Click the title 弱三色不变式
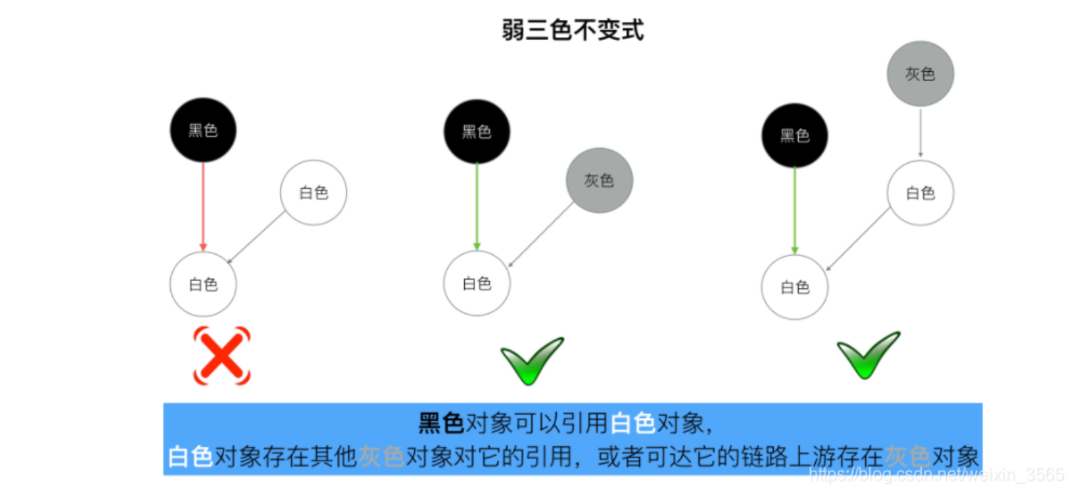click(573, 31)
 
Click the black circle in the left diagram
click(203, 130)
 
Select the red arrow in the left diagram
click(204, 206)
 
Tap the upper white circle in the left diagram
click(313, 192)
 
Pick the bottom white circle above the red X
click(203, 284)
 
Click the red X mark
click(222, 355)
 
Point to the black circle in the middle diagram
click(477, 132)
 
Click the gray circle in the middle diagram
click(599, 180)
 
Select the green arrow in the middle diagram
click(477, 206)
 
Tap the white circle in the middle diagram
click(477, 283)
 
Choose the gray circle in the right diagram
click(920, 74)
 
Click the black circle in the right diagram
click(794, 135)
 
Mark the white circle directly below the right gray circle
click(920, 192)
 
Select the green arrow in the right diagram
click(794, 211)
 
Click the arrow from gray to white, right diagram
click(920, 132)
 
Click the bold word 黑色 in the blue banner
click(441, 424)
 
